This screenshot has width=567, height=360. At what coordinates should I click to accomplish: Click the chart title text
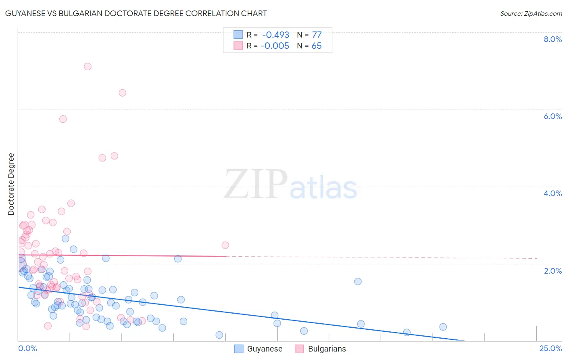point(136,13)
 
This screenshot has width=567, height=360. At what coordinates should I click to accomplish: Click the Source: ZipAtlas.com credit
point(531,14)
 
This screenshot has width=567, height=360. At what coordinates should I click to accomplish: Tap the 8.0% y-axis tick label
point(552,39)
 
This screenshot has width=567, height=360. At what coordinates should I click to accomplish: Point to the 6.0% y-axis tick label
point(552,116)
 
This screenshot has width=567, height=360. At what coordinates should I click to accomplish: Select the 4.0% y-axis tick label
point(552,193)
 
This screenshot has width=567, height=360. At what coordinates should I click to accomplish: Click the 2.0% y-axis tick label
point(552,271)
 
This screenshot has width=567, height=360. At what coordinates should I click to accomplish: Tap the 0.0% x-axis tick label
point(27,348)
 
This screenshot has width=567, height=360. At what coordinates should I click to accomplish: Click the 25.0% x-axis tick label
point(550,348)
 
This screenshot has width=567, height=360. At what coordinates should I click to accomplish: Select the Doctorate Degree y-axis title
point(11,184)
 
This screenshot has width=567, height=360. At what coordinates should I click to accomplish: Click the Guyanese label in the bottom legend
point(265,349)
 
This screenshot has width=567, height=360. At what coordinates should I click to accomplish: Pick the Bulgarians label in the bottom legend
point(327,349)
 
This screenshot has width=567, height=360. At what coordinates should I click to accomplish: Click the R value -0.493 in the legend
point(275,35)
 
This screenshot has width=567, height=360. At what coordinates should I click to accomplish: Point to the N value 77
point(317,35)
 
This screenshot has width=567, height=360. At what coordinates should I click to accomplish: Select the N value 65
point(317,46)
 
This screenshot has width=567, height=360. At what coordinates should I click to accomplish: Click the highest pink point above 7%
point(88,67)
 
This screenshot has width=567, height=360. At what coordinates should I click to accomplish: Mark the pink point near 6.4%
point(122,93)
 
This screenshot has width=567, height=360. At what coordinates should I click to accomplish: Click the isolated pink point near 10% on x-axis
point(225,245)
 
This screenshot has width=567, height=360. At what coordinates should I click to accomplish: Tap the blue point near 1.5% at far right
point(358,282)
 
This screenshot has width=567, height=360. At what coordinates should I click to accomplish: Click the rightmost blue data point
point(443,327)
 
